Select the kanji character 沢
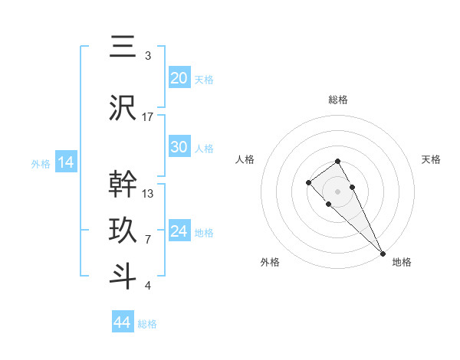[123, 107]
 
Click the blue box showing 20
[179, 78]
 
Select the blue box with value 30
[179, 147]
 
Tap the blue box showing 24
[179, 231]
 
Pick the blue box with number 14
[65, 162]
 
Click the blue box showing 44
[123, 322]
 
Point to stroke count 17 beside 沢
[148, 116]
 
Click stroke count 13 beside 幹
[148, 193]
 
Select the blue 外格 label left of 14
[41, 163]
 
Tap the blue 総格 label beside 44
[147, 323]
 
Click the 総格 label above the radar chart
[338, 100]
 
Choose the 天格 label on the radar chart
[432, 159]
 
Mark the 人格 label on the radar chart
[245, 159]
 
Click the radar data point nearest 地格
[383, 253]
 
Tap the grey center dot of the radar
[338, 191]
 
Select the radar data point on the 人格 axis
[308, 182]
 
